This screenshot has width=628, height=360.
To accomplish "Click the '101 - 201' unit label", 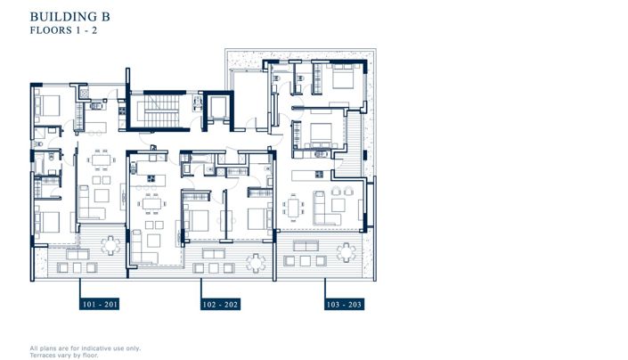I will click(99, 304).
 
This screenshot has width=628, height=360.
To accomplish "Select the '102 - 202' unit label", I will click(219, 304).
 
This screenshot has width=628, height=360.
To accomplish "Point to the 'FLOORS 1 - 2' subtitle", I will click(62, 29).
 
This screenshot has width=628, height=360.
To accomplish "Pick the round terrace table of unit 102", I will click(257, 261).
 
